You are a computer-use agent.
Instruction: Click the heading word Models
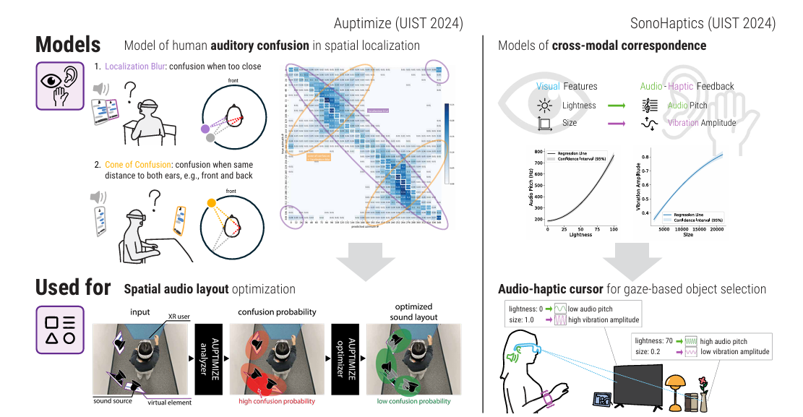[68, 45]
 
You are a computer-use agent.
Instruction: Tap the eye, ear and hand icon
[61, 85]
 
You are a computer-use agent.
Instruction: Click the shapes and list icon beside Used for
[61, 330]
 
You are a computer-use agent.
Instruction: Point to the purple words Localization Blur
[135, 66]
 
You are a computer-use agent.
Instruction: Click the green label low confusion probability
[413, 401]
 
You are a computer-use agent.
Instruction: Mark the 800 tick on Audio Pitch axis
[538, 151]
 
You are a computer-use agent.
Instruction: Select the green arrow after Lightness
[617, 106]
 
